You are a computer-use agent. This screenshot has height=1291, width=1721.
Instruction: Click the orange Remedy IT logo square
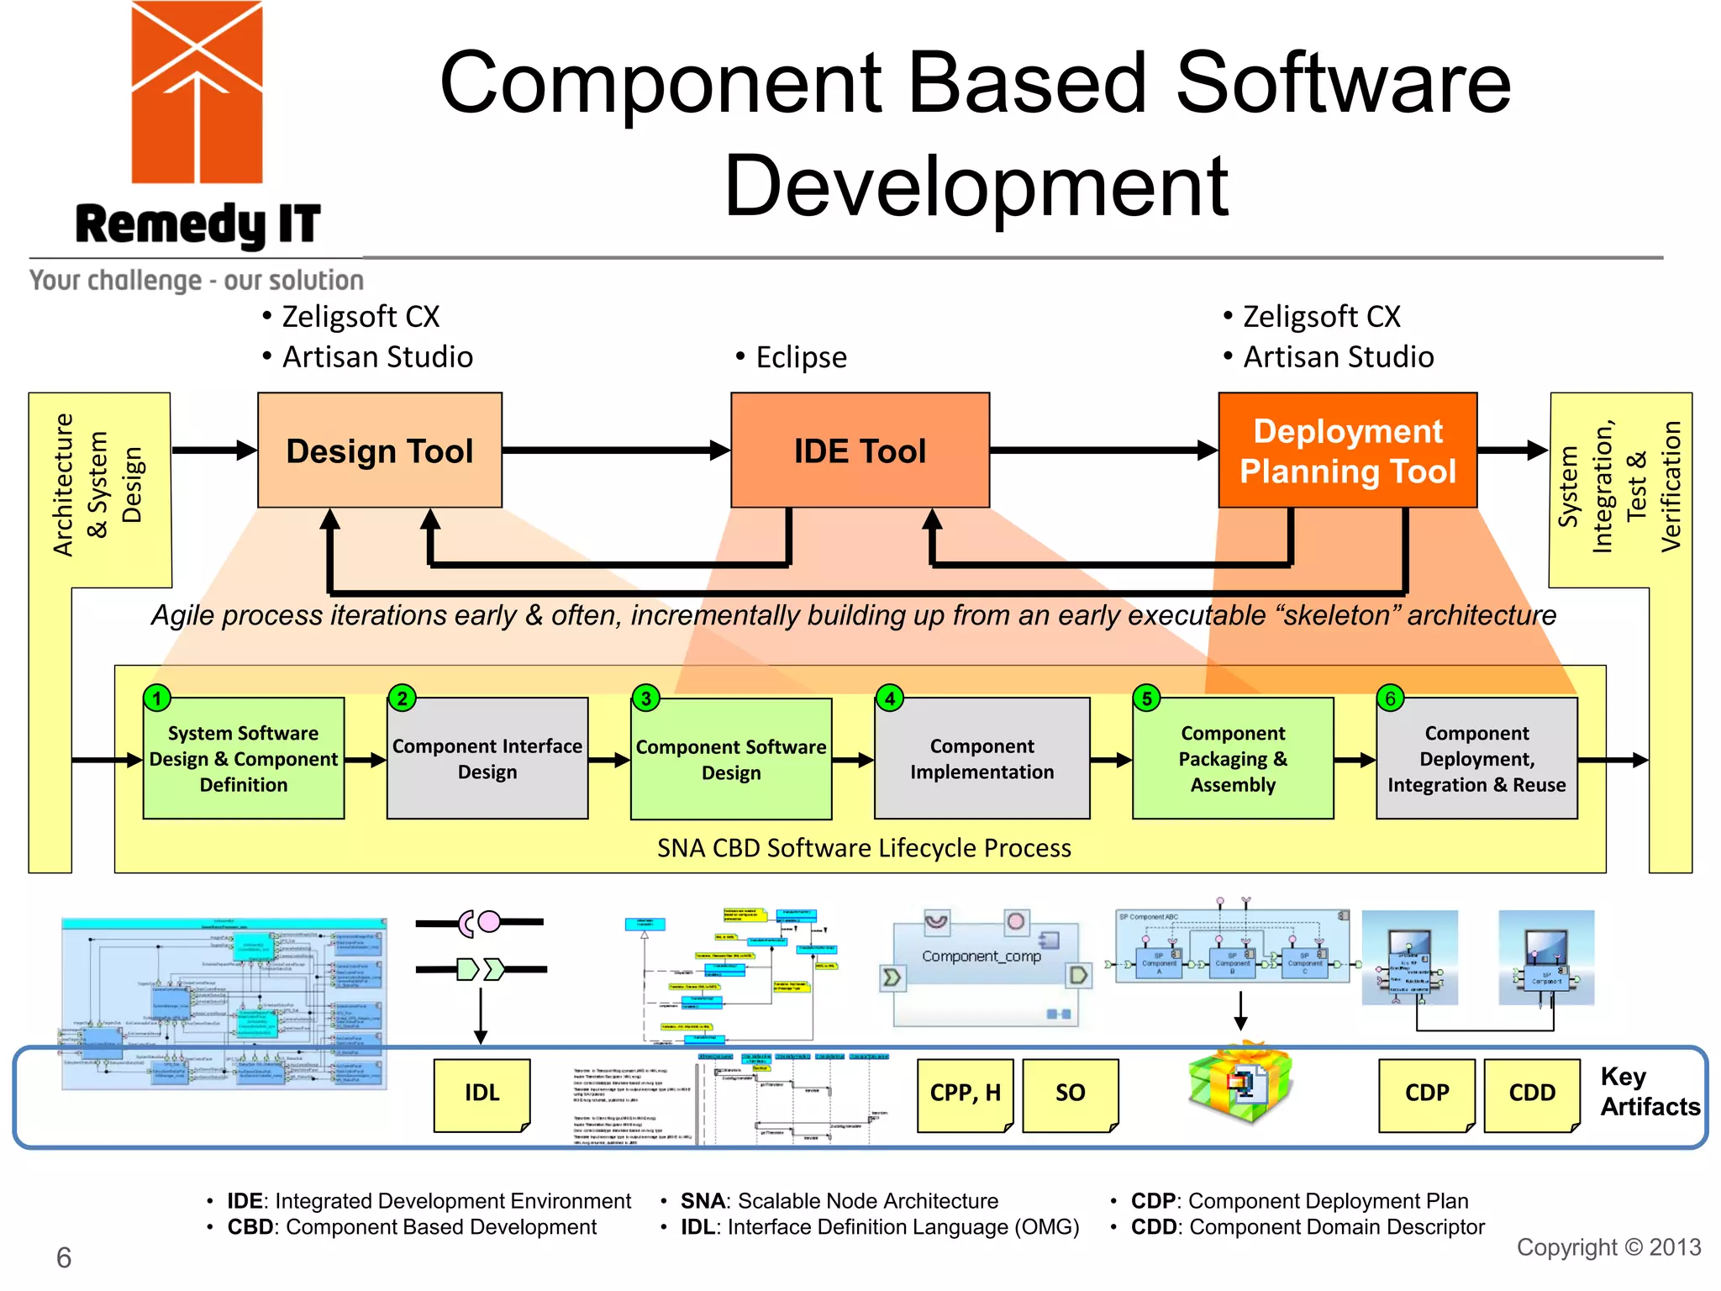tap(197, 92)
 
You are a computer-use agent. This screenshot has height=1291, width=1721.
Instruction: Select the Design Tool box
tap(380, 451)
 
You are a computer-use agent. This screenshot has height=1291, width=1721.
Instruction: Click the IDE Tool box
tap(860, 451)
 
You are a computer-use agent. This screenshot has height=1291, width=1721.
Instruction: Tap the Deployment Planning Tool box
tap(1347, 451)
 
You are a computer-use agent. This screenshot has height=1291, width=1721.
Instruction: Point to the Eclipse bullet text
tap(800, 357)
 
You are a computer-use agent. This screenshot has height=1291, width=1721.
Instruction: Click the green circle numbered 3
tap(645, 698)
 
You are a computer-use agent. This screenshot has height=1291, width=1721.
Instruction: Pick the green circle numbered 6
tap(1390, 698)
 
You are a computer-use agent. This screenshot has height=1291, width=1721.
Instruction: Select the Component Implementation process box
tap(982, 758)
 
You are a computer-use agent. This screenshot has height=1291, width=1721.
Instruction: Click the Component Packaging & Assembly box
tap(1232, 758)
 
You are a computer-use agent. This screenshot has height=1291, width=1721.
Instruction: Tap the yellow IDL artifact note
tap(482, 1093)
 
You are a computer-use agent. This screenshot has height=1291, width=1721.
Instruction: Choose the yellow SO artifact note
tap(1070, 1093)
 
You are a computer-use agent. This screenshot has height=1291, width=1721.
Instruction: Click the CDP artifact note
tap(1426, 1093)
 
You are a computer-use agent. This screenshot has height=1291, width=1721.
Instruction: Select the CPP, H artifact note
tap(965, 1093)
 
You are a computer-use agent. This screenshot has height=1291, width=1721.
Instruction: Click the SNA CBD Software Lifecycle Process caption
tap(863, 848)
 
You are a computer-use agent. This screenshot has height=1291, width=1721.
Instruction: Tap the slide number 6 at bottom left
tap(64, 1257)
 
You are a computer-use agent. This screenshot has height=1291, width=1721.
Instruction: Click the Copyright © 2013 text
tap(1608, 1247)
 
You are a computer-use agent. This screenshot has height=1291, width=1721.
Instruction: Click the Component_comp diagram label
tap(981, 956)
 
